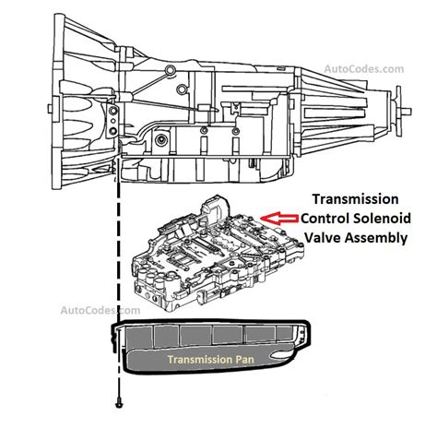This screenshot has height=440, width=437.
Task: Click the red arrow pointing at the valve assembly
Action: coord(279,219)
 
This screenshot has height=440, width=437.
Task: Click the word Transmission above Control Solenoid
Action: coord(356,199)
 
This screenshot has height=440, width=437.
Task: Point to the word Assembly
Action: coord(376,238)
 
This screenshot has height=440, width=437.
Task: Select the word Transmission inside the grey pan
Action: coord(200,360)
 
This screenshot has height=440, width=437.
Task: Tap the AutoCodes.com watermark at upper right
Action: coord(364,69)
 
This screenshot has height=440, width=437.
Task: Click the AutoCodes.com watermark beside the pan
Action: coord(100,310)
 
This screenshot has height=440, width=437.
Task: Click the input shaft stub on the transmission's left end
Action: coord(50,109)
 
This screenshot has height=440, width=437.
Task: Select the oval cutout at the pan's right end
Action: coord(281,355)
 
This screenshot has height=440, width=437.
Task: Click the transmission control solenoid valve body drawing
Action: coord(218,253)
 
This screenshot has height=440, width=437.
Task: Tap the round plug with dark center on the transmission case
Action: coord(160,140)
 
